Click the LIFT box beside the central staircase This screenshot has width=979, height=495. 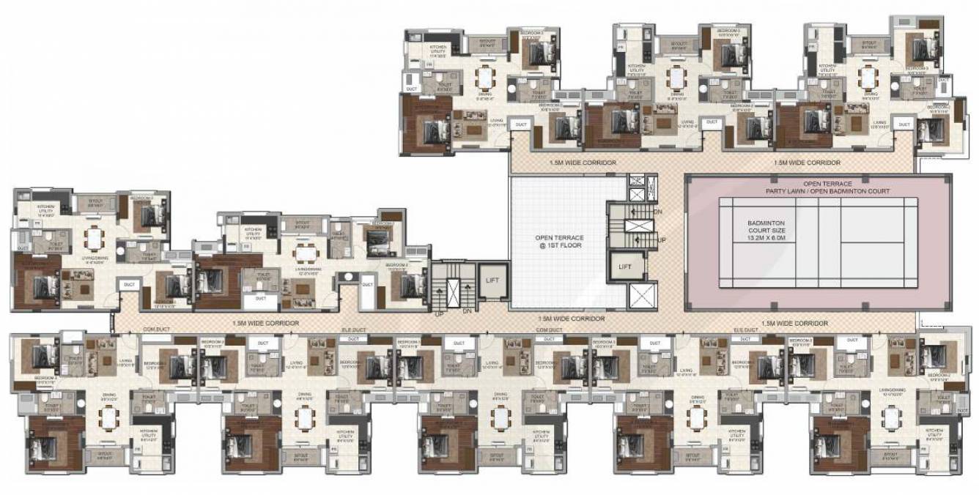[624, 267]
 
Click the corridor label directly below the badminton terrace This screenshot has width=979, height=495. [794, 323]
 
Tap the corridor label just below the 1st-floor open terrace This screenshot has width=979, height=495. [571, 319]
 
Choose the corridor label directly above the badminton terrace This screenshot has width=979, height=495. [807, 163]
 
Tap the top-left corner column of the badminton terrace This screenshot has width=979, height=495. [689, 178]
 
